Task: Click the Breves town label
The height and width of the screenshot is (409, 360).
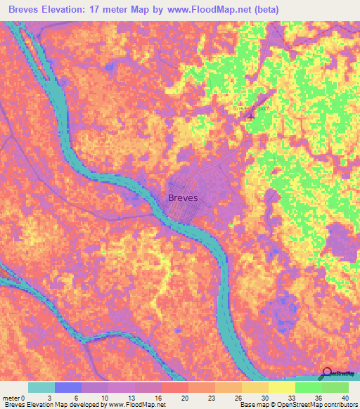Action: point(184,198)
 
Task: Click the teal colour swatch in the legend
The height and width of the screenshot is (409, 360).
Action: point(41,387)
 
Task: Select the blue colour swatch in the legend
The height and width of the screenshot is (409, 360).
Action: point(68,387)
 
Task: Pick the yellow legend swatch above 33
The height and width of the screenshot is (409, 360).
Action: point(281,387)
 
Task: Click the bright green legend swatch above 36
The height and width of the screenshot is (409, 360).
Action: point(308,387)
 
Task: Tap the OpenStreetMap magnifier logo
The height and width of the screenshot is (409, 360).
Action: point(327,373)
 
